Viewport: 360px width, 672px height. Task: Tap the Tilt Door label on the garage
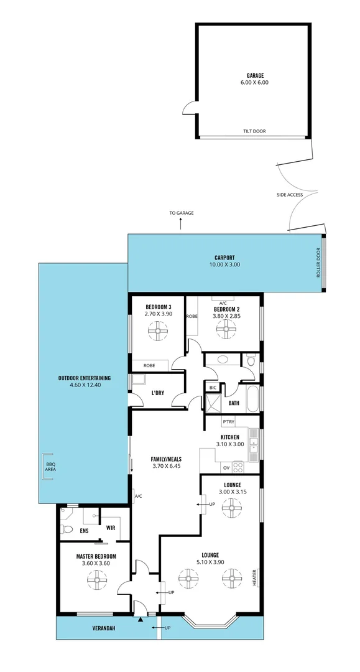click(253, 131)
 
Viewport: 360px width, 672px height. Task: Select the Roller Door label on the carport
click(318, 264)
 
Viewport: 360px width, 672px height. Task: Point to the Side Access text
click(290, 195)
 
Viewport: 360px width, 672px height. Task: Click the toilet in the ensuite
click(68, 530)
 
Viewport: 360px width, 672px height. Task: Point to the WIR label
click(111, 528)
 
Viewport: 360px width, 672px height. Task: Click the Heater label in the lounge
click(255, 578)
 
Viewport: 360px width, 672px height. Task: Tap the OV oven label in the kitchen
click(226, 467)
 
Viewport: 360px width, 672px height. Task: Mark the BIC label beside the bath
click(213, 388)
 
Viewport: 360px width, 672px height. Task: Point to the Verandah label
click(86, 628)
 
